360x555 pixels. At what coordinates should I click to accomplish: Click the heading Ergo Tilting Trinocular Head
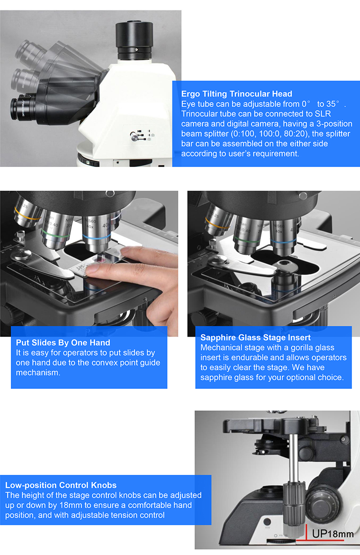point(237,94)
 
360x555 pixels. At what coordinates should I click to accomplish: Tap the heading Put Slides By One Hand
point(63,343)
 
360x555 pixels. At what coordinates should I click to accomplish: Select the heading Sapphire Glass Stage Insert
point(256,338)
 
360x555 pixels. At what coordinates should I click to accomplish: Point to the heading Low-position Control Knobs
point(61,485)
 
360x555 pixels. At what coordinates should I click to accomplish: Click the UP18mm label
point(333,534)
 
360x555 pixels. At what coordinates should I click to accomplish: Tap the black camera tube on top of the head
point(134,41)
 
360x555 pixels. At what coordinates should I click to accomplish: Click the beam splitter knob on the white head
point(134,137)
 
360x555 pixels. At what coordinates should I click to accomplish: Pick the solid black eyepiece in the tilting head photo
point(23,109)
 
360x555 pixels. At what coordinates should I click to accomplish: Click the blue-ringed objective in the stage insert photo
point(283,237)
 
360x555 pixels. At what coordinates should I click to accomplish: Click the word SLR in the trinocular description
point(323,114)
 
